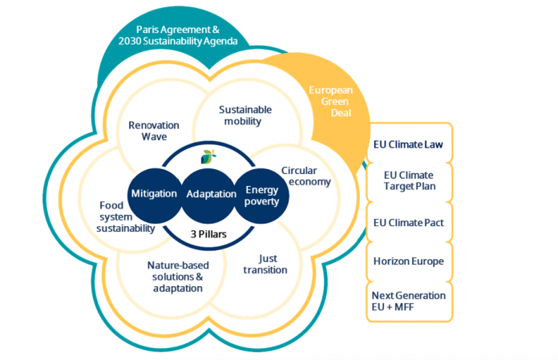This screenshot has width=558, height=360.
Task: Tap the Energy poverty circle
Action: pyautogui.click(x=261, y=195)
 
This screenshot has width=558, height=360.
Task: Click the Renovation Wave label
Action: pyautogui.click(x=153, y=131)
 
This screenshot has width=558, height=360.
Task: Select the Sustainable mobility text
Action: pyautogui.click(x=245, y=115)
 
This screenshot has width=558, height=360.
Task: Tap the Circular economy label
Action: pyautogui.click(x=306, y=176)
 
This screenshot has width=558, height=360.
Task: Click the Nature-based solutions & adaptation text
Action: pyautogui.click(x=175, y=276)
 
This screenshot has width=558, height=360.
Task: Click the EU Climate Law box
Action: pyautogui.click(x=409, y=145)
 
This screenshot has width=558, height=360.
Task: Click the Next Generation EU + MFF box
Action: pyautogui.click(x=409, y=301)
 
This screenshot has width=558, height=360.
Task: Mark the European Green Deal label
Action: pyautogui.click(x=330, y=102)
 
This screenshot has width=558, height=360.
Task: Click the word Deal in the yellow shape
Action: pyautogui.click(x=330, y=115)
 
